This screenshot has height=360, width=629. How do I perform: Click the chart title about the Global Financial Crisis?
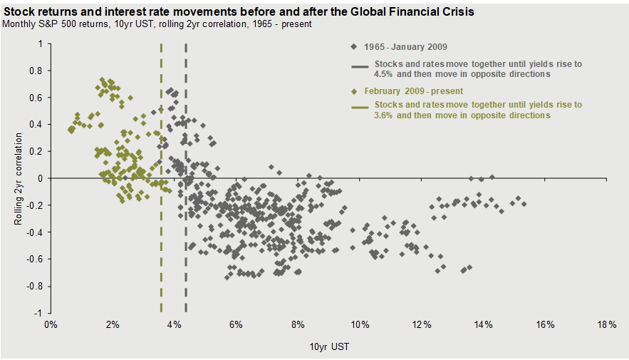pyautogui.click(x=239, y=12)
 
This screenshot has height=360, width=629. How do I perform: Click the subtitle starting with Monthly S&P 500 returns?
pyautogui.click(x=157, y=24)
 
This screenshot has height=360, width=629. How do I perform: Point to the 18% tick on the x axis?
pyautogui.click(x=607, y=324)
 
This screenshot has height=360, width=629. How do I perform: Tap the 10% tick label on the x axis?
pyautogui.click(x=359, y=324)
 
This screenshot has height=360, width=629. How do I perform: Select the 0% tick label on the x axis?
pyautogui.click(x=51, y=324)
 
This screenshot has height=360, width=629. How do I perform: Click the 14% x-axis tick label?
pyautogui.click(x=483, y=324)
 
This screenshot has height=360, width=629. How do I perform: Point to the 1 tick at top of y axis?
pyautogui.click(x=41, y=43)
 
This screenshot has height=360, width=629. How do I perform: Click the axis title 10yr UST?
pyautogui.click(x=328, y=346)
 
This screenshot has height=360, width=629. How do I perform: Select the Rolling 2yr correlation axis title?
pyautogui.click(x=19, y=178)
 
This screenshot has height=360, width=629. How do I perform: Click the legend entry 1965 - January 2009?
pyautogui.click(x=405, y=47)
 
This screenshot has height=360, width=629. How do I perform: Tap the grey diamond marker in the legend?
pyautogui.click(x=354, y=47)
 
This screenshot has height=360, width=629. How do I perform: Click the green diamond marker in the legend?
pyautogui.click(x=354, y=91)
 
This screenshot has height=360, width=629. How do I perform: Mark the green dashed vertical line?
pyautogui.click(x=161, y=214)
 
